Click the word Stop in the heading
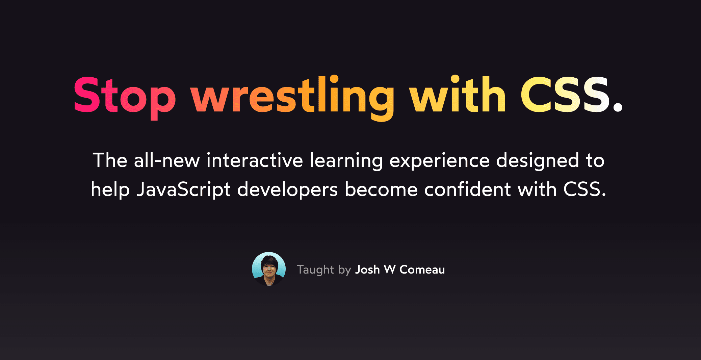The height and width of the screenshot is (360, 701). (124, 95)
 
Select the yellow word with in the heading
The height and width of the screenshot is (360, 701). (458, 95)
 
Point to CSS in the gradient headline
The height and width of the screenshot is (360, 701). (565, 95)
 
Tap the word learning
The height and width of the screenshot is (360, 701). (346, 161)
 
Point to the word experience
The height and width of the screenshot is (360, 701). (439, 161)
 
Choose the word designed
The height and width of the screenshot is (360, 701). (538, 161)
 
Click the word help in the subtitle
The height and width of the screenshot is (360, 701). (110, 190)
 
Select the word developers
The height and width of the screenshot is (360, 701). (287, 190)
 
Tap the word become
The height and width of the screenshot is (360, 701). (381, 189)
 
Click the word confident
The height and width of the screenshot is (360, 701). (467, 189)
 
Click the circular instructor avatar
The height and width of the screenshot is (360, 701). (269, 269)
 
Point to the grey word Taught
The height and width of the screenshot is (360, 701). (315, 270)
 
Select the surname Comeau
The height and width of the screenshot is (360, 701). (422, 269)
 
